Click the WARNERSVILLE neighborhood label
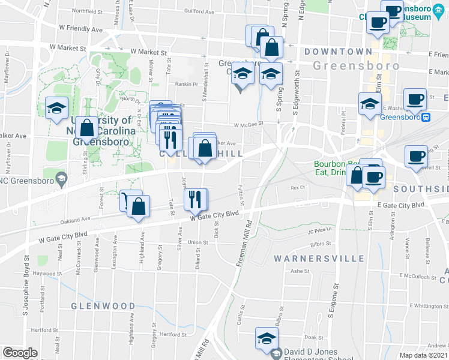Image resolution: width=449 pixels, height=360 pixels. click(x=319, y=259)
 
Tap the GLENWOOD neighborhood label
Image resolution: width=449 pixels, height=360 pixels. click(x=103, y=306)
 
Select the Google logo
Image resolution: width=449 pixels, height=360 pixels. click(x=20, y=353)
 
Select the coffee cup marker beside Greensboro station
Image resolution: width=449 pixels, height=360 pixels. click(x=414, y=99)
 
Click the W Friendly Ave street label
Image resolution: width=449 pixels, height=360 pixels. click(x=82, y=28)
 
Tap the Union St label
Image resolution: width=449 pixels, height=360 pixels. click(x=193, y=242)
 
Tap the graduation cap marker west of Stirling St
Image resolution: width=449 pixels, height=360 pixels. click(x=56, y=109)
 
